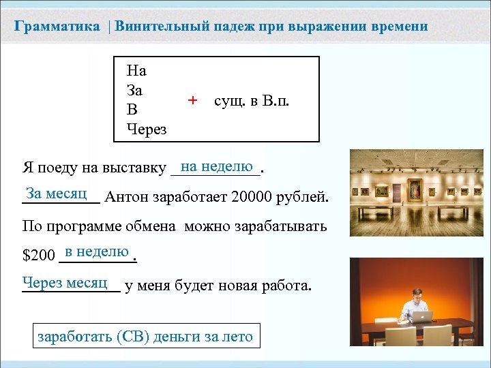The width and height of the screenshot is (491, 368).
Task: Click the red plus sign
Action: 192,100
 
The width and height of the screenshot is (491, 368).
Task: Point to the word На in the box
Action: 136,70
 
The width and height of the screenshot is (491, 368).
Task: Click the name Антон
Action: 127,198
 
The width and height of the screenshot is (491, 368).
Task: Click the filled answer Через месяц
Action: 65,281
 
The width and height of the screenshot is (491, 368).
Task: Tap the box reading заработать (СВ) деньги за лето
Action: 145,336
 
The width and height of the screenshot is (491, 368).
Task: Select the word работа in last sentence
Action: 284,285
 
